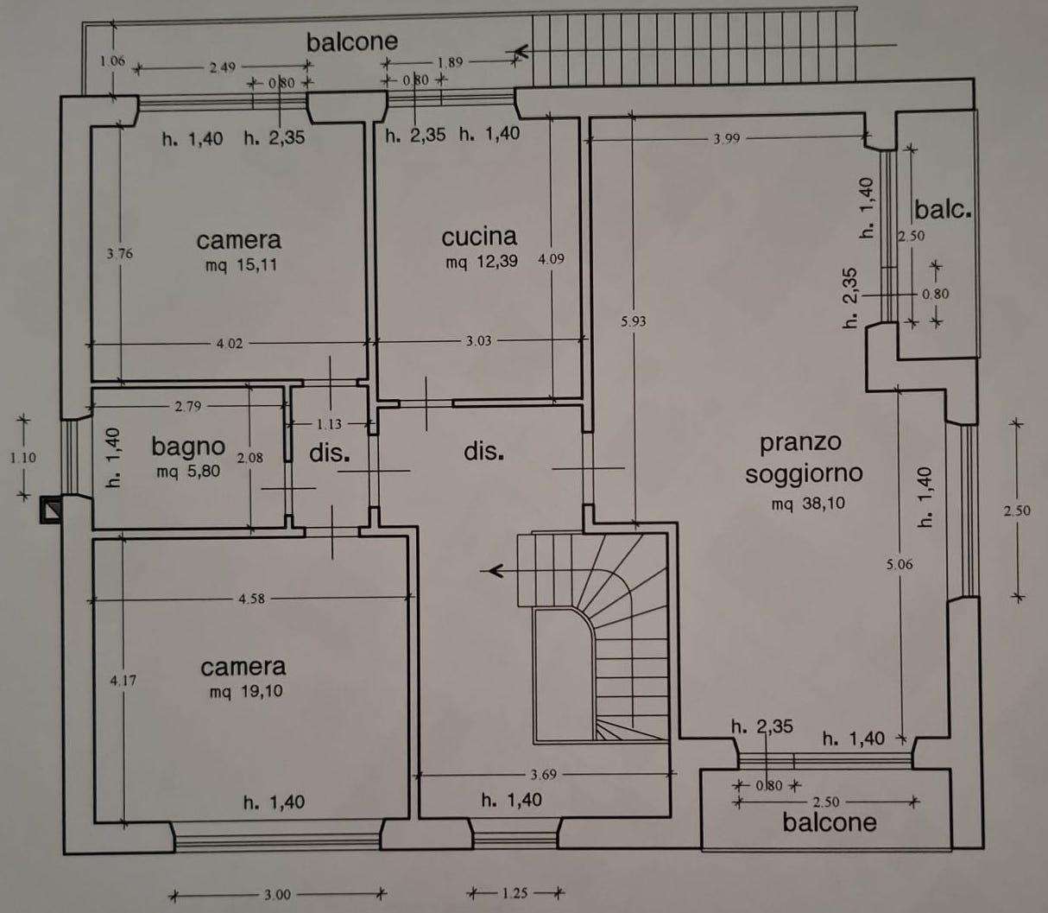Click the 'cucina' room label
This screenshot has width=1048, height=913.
click(479, 237)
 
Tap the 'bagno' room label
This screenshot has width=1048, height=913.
click(188, 447)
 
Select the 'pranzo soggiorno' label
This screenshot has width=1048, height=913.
click(804, 457)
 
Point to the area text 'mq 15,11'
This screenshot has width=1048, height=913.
click(241, 265)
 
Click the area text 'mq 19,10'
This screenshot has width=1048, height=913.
click(246, 691)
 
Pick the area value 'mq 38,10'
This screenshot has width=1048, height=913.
click(808, 504)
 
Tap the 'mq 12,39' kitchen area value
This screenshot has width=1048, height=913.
click(482, 262)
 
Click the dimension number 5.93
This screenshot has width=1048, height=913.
click(634, 322)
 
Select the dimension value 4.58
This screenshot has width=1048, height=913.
click(251, 599)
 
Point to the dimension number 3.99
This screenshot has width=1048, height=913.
click(727, 139)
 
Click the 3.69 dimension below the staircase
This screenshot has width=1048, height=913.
click(544, 774)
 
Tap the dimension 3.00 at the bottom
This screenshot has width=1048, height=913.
click(277, 895)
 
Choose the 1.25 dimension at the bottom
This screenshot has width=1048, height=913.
click(515, 893)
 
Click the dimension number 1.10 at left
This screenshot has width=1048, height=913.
click(23, 458)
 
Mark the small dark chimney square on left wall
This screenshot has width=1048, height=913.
click(51, 509)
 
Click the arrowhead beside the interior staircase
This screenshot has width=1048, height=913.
click(493, 570)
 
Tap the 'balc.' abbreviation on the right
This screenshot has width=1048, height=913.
click(943, 210)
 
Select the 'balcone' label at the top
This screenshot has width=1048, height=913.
click(352, 42)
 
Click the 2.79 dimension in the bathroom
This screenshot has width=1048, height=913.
click(188, 406)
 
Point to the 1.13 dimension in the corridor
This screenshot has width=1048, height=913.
click(329, 424)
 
